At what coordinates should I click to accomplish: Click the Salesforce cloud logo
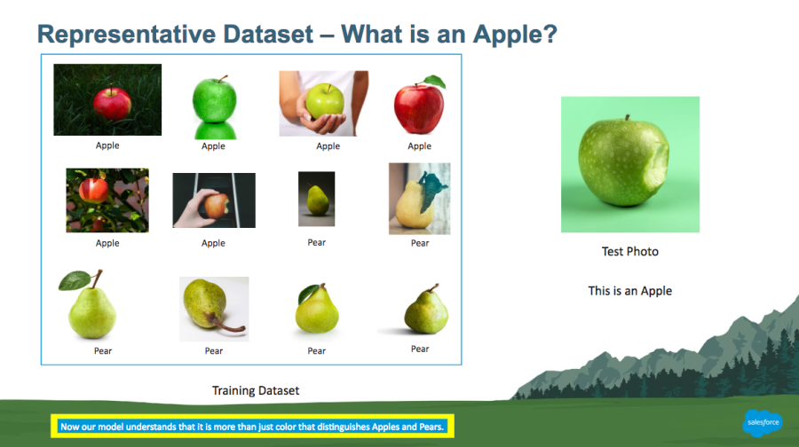point(763,422)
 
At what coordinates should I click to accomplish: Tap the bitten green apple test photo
point(630,164)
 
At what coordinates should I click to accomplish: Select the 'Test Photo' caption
point(629,252)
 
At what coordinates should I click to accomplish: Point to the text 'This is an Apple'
point(629,291)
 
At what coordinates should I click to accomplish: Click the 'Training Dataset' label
point(256,390)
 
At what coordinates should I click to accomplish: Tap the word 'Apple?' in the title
point(515,35)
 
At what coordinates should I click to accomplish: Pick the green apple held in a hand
point(325,100)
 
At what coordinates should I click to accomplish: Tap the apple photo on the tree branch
point(107,200)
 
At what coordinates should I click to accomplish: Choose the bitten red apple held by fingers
point(217,205)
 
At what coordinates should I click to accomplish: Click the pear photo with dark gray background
point(316,199)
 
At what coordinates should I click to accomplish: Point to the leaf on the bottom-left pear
point(75,280)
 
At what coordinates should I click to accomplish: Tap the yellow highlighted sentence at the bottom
point(252,427)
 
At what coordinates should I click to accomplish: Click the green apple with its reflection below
point(215,106)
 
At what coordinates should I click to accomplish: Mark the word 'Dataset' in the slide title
point(268,35)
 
